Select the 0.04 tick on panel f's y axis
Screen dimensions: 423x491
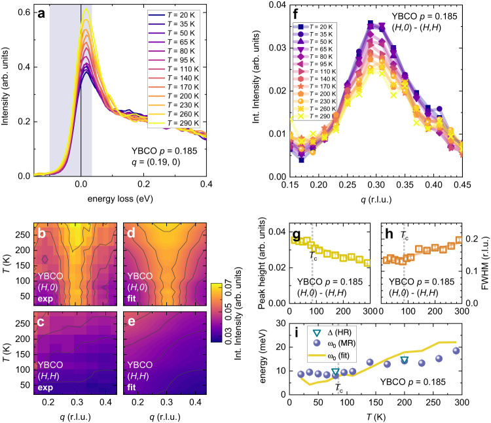[x=274, y=6]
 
